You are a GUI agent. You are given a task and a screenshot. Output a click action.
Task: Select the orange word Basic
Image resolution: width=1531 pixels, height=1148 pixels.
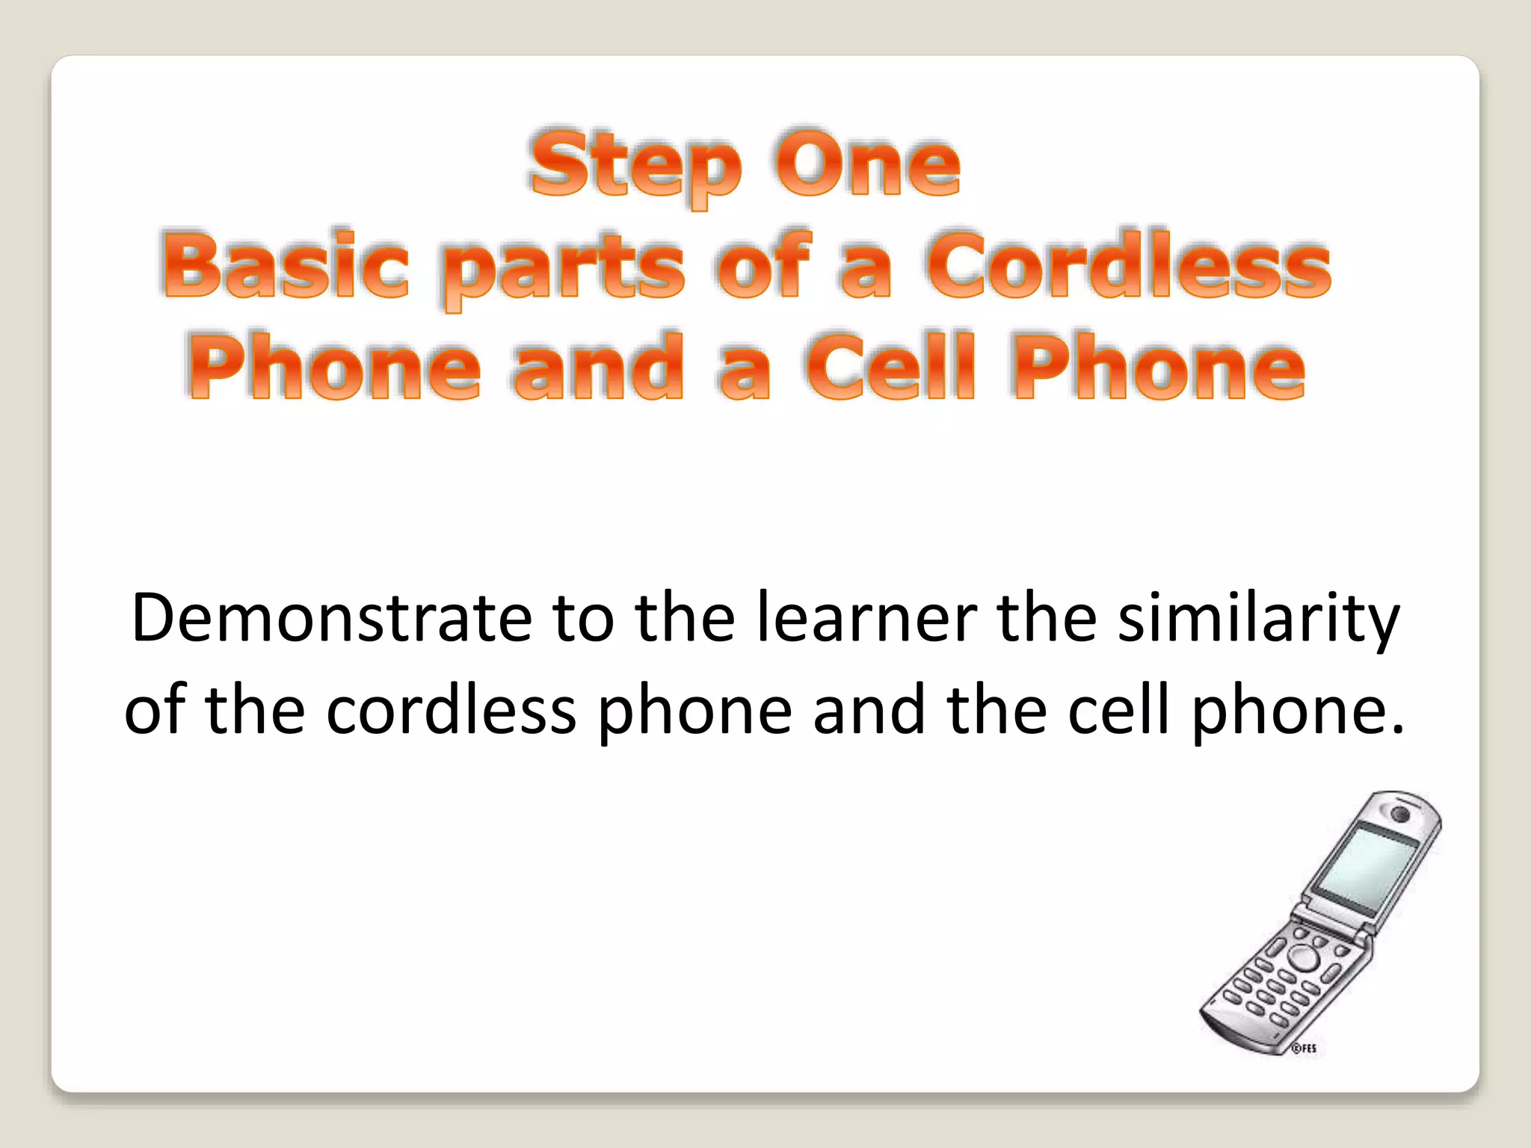[284, 265]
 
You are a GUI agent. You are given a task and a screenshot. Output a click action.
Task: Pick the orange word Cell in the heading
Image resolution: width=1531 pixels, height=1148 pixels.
[890, 366]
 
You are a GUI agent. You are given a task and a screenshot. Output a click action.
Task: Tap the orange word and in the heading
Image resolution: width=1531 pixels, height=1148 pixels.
[598, 366]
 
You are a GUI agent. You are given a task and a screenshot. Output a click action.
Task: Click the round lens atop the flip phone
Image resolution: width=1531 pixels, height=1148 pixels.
[1400, 813]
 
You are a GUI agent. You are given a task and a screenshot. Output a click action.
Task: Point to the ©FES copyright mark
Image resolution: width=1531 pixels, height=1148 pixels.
[1304, 1049]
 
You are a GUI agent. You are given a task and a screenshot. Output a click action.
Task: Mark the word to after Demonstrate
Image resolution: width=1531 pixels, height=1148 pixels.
[583, 619]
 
